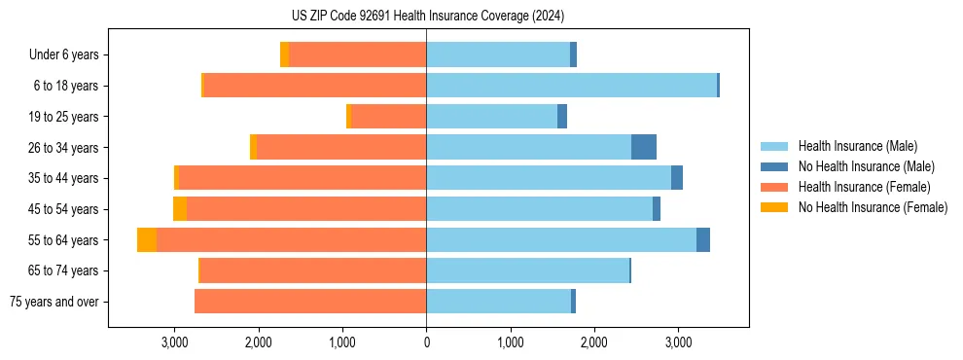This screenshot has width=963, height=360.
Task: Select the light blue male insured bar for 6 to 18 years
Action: click(x=571, y=86)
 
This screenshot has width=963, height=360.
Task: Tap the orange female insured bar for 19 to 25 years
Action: click(x=388, y=117)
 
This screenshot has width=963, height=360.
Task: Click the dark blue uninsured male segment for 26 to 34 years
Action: click(x=644, y=147)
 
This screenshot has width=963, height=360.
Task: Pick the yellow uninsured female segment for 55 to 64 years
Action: click(x=147, y=240)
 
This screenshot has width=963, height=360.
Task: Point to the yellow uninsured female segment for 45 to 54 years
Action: click(x=180, y=209)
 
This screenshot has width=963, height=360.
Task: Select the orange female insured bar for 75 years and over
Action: click(x=310, y=302)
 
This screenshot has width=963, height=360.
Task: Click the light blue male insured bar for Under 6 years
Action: click(x=498, y=54)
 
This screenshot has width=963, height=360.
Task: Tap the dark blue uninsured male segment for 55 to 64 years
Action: click(x=703, y=240)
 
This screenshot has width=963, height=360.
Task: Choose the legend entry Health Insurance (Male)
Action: click(x=857, y=146)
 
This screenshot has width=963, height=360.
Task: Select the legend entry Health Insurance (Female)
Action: click(x=861, y=187)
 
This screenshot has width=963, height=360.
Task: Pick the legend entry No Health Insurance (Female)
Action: click(x=873, y=207)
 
